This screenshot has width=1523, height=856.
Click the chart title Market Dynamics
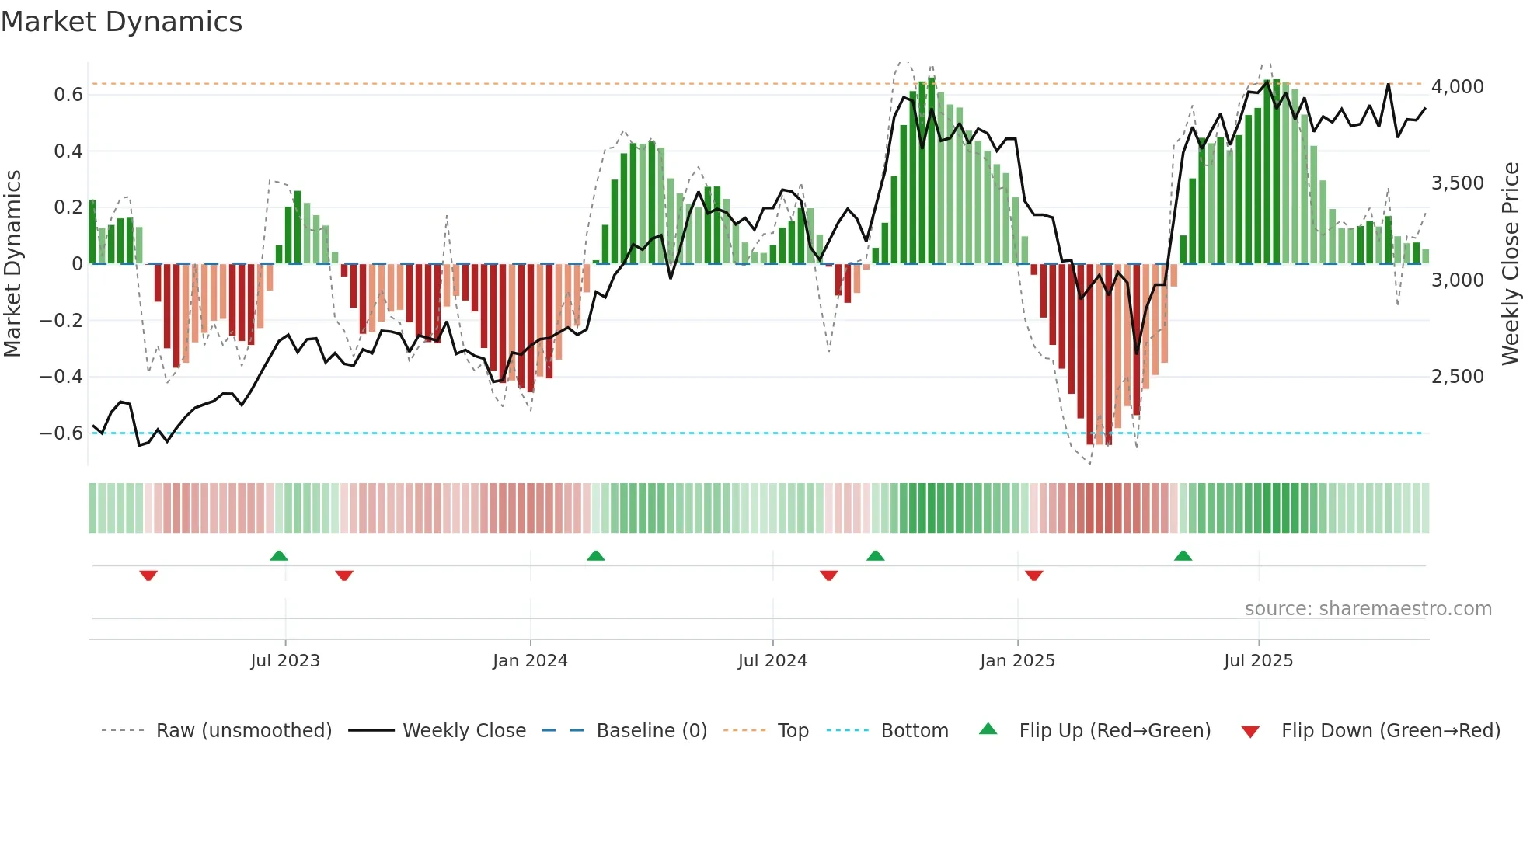click(122, 22)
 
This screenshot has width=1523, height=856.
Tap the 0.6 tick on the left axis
click(68, 95)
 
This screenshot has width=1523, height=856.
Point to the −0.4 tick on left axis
click(61, 377)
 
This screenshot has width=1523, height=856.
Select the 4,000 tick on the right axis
click(1457, 87)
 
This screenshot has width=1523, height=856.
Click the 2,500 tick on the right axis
click(1457, 377)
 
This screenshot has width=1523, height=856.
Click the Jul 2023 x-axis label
click(285, 661)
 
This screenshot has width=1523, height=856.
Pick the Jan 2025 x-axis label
click(1017, 661)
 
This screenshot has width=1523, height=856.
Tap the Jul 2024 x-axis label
click(772, 661)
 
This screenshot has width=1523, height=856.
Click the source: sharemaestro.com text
click(1368, 609)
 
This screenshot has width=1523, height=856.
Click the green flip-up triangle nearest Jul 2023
click(279, 555)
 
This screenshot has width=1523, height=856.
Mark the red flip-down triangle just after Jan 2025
click(1033, 576)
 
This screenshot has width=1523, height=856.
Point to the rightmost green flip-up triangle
click(1183, 555)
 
